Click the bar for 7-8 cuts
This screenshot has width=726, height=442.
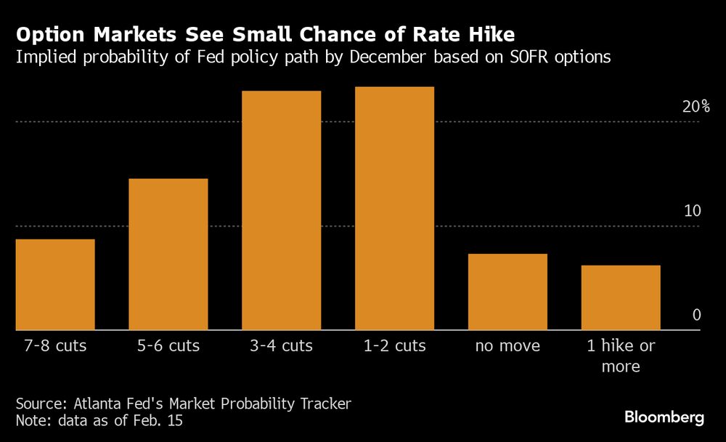coord(55,285)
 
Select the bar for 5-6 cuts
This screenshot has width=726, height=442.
coord(168,254)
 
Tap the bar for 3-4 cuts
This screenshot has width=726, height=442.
coord(282,210)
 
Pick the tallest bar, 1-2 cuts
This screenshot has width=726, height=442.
coord(394,208)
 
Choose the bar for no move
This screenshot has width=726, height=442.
coord(507,292)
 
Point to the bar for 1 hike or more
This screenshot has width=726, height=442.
coord(621,298)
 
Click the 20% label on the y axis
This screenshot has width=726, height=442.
coord(696,107)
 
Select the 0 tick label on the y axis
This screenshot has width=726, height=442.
coord(696,315)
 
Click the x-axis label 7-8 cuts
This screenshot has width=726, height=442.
coord(55,345)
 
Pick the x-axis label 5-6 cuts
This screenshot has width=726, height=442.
coord(168,345)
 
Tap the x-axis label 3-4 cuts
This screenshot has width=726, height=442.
coord(282,345)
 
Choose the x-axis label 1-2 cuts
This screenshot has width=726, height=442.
coord(394,345)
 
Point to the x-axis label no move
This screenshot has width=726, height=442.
coord(507,346)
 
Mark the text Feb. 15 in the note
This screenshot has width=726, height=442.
coord(164,420)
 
